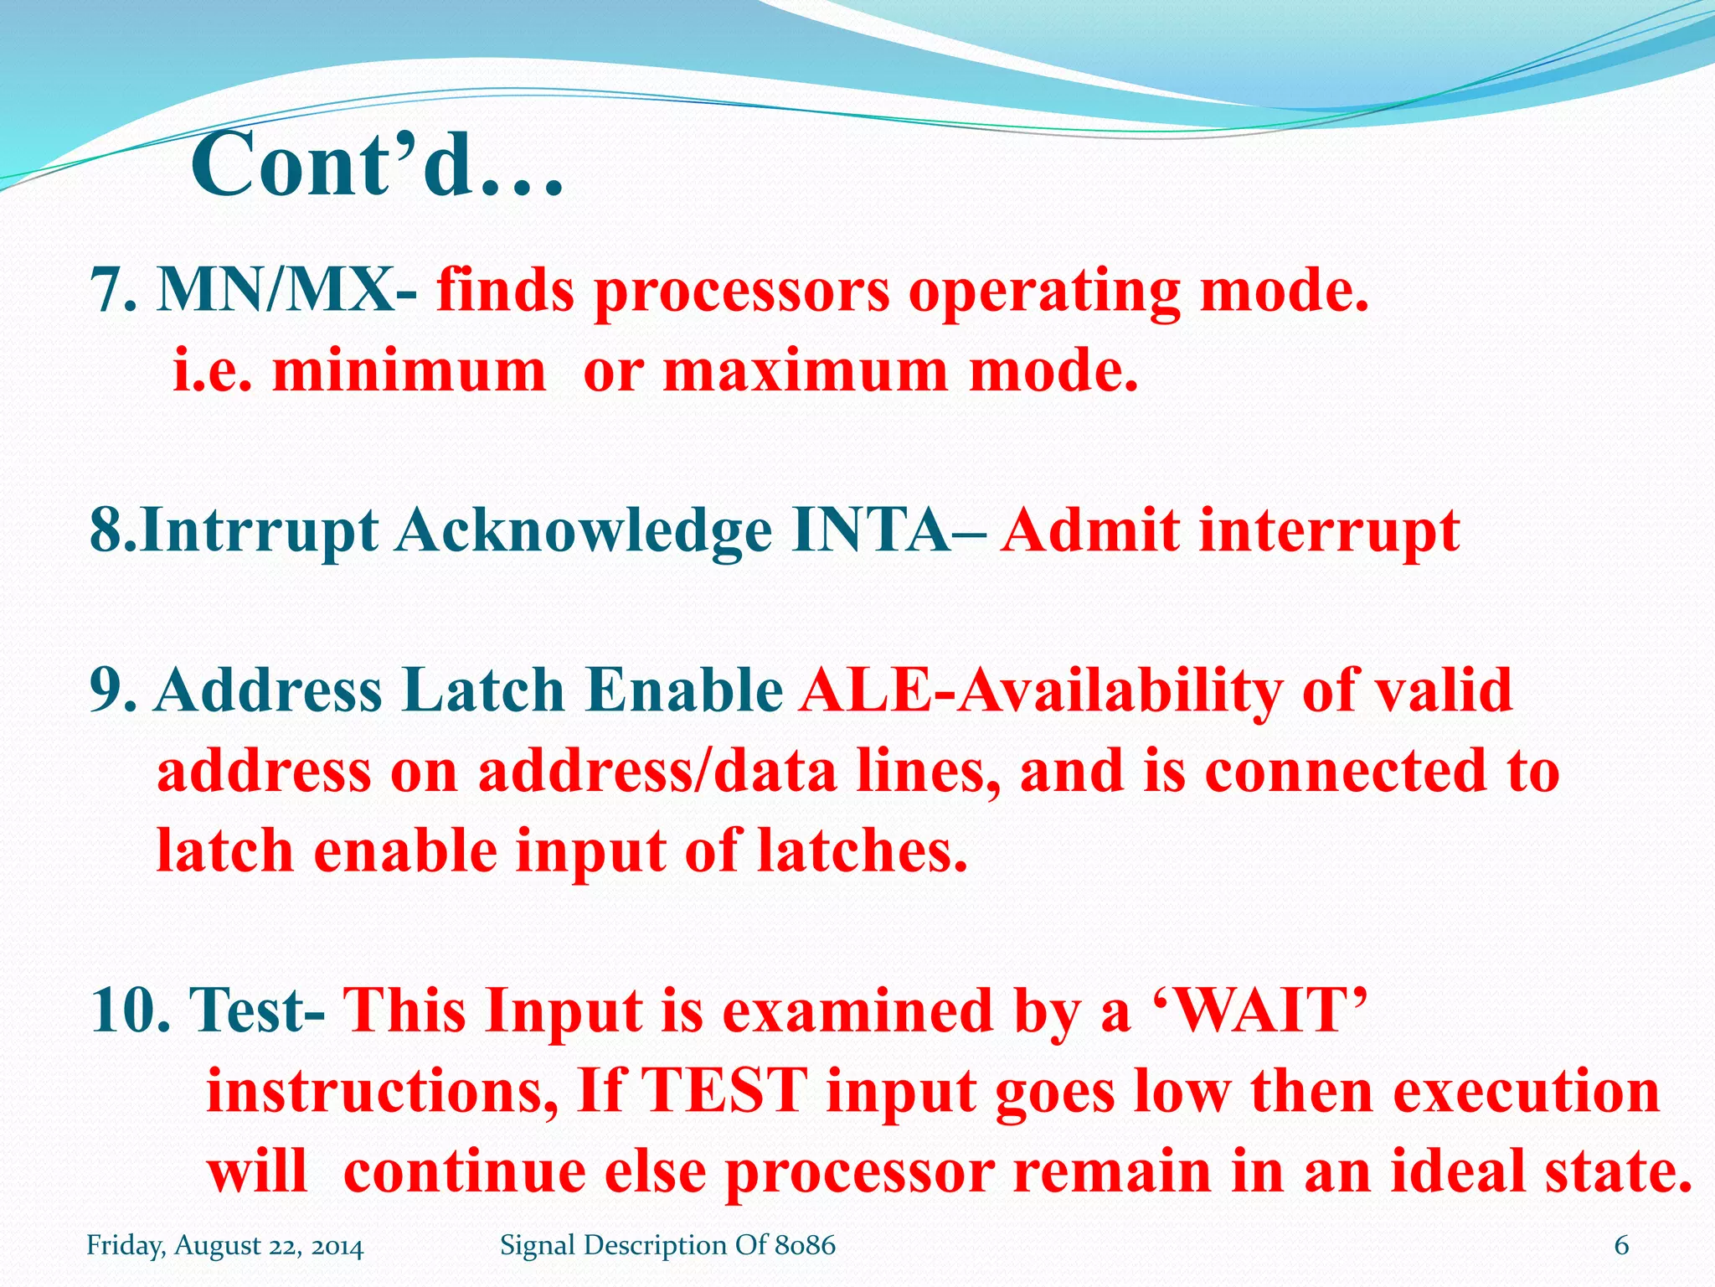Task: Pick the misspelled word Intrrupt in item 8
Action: (260, 531)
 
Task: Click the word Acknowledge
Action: (584, 531)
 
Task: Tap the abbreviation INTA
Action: (871, 531)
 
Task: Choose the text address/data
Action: (657, 771)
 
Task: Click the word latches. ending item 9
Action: (862, 851)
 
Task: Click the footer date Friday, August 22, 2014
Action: (225, 1245)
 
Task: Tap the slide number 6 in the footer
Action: (1621, 1245)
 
